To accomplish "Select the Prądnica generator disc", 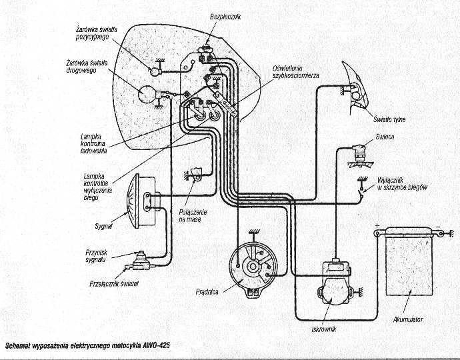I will click(x=251, y=267).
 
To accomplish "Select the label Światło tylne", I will click(x=390, y=119).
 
